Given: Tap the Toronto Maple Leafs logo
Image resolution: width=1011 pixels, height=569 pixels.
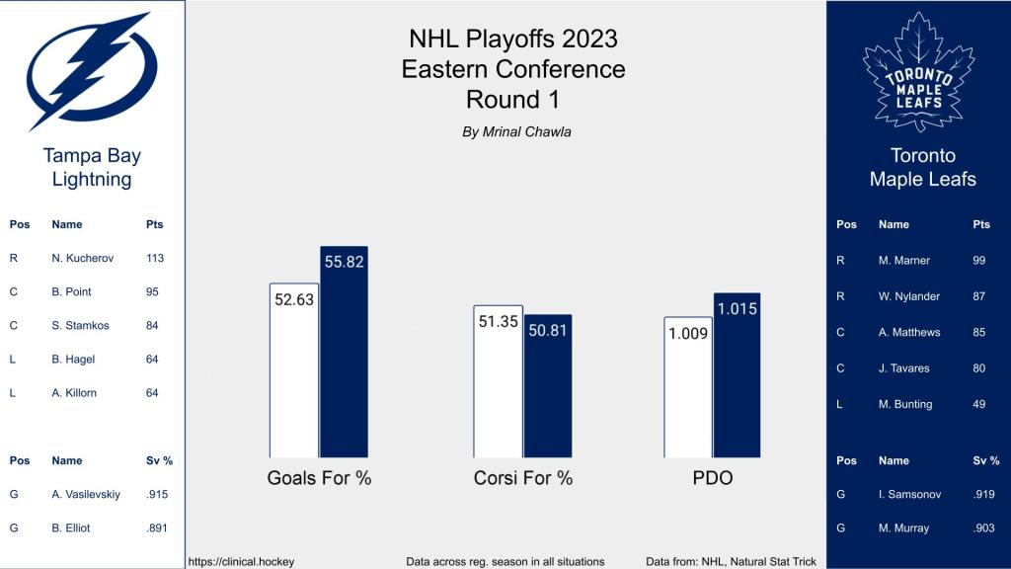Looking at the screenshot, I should [918, 71].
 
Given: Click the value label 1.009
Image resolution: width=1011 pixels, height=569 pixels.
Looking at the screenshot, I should [688, 333].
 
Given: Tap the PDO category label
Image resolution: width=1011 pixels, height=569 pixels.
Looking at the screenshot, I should [712, 478].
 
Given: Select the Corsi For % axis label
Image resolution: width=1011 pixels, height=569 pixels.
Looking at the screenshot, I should [522, 478].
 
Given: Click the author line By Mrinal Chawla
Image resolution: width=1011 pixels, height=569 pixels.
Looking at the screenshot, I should [516, 131].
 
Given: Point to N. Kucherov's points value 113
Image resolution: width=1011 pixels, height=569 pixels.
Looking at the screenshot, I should [154, 259].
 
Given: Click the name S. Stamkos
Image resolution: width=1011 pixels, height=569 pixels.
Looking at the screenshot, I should [79, 325].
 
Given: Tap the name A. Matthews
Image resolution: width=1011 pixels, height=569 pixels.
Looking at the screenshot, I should [908, 332].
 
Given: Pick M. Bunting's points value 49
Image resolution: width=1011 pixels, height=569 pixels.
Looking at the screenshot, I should [979, 404].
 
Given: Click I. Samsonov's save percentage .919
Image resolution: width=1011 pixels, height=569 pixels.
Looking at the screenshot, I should [984, 494].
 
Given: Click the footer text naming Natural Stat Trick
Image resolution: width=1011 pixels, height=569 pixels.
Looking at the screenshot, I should [731, 561].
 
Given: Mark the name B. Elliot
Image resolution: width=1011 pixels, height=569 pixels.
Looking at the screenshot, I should [71, 528].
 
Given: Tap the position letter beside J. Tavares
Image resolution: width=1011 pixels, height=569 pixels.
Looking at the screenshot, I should [840, 368].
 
